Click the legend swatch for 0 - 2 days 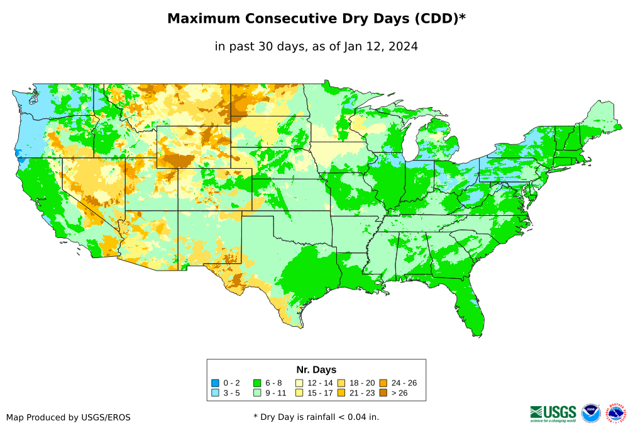215,383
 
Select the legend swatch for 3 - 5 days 215,393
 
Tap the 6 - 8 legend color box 256,383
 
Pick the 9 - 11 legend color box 256,393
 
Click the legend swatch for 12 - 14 299,383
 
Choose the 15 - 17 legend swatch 299,393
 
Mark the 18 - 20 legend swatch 341,383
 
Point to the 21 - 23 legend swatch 341,393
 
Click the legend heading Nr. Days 316,370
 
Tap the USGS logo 553,413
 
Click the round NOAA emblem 591,413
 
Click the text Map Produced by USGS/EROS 69,417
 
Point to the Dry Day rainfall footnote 316,417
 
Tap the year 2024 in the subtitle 404,47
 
